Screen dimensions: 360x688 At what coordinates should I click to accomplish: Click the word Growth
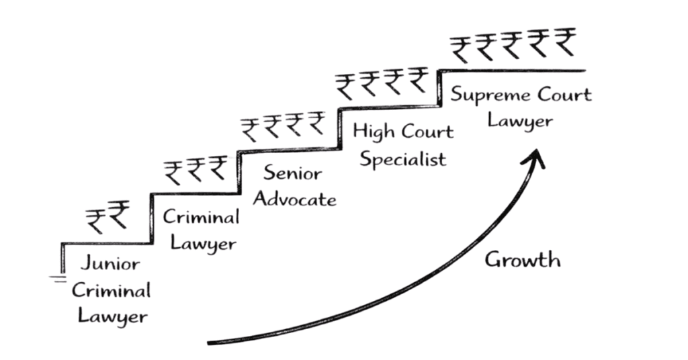pos(522,260)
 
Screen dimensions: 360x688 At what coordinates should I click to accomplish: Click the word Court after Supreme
pos(564,94)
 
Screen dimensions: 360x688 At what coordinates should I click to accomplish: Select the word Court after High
pos(427,132)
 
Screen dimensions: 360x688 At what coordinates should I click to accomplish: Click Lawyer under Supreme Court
pos(521,121)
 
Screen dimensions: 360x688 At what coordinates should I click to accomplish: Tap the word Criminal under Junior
pos(111,290)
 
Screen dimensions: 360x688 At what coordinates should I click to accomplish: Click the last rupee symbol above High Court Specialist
pos(418,81)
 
